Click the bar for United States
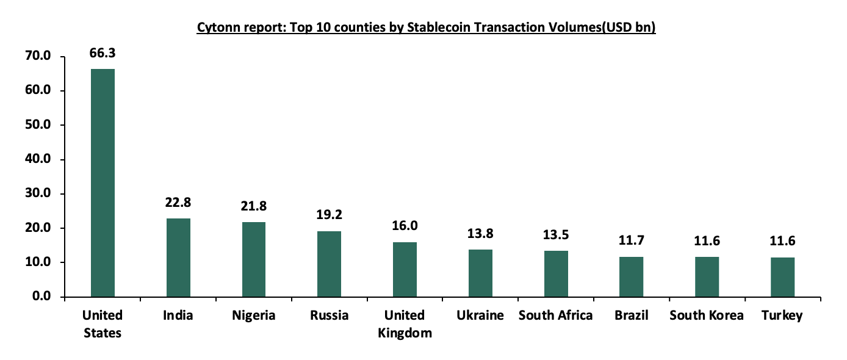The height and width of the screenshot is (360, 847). [x=103, y=183]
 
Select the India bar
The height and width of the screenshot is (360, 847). [x=178, y=257]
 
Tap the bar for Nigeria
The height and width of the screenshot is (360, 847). [x=254, y=259]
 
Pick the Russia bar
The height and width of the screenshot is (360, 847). [x=330, y=264]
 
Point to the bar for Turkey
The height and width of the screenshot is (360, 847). [x=782, y=277]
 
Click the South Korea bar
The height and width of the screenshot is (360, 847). [x=707, y=277]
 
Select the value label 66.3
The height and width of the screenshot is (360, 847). [x=103, y=53]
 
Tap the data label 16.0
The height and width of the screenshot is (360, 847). [x=405, y=226]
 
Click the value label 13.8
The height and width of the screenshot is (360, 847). [x=480, y=233]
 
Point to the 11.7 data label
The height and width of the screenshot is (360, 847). [x=631, y=240]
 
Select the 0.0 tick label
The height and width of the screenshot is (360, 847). [x=45, y=297]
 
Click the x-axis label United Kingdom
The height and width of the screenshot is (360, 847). [x=405, y=324]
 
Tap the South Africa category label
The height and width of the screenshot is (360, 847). [x=555, y=315]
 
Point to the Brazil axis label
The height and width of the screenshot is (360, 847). [x=631, y=315]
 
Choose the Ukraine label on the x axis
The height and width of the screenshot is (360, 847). [x=480, y=315]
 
